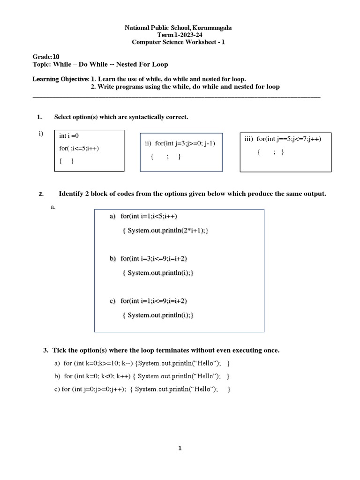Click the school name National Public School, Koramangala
178,28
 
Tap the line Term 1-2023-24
178,36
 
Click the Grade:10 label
46,57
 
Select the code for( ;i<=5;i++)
79,148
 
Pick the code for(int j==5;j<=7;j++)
286,139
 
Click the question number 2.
41,194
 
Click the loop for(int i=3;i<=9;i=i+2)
157,258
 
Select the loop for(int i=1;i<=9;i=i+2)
157,300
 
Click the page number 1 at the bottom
180,449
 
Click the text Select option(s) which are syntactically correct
121,117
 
